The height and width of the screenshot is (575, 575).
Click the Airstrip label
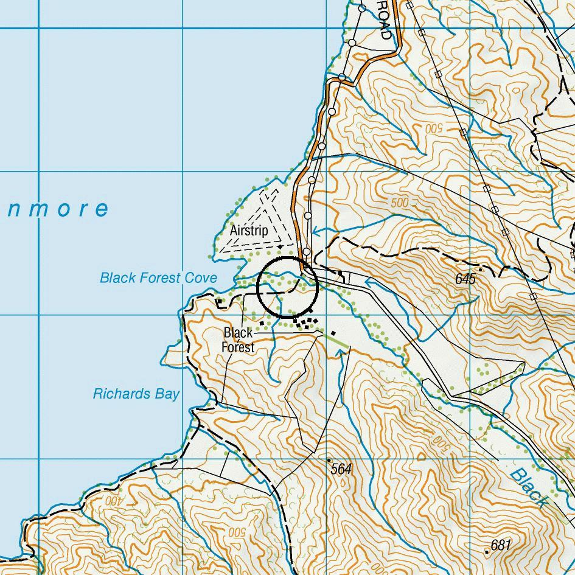(249, 231)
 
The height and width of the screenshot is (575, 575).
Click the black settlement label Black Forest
(238, 340)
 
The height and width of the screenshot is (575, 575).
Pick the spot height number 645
(465, 279)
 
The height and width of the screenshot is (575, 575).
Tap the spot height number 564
(342, 469)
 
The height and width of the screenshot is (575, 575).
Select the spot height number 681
(501, 545)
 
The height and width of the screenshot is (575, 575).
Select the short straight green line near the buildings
(336, 340)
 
